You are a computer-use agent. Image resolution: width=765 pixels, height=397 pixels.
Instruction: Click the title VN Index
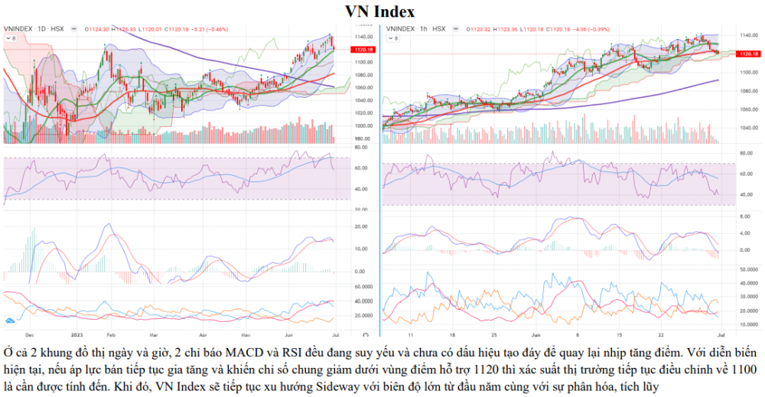click(x=381, y=11)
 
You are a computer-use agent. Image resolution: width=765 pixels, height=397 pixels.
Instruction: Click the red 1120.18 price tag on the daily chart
click(x=363, y=50)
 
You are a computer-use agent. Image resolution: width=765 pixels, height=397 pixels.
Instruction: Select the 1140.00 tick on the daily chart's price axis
click(x=363, y=37)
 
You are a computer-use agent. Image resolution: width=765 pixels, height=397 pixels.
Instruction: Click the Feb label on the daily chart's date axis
click(x=110, y=334)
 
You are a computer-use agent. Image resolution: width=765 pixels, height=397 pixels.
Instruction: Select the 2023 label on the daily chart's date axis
click(x=77, y=334)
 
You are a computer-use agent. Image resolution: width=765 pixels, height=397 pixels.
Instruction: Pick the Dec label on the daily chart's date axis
click(x=28, y=334)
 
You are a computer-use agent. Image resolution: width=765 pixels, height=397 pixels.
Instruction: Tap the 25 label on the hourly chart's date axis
click(x=493, y=334)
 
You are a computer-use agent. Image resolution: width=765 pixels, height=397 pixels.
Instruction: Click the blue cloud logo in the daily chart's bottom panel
click(x=11, y=321)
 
